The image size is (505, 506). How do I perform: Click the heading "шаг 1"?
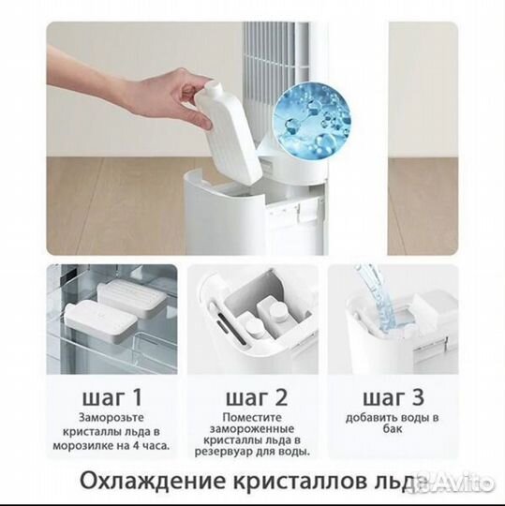tap(111, 397)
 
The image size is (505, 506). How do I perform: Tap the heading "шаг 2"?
tap(256, 397)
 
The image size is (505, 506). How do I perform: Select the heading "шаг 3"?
tap(394, 397)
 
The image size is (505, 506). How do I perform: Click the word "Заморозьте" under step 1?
tap(111, 418)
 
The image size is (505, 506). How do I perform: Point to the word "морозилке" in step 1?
tap(81, 446)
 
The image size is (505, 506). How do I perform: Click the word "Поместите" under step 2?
tap(252, 418)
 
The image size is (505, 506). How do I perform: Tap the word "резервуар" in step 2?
tap(221, 452)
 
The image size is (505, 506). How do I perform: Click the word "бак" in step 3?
tap(393, 429)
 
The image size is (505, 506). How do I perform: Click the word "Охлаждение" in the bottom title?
tap(153, 482)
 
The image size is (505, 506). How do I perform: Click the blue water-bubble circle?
tap(312, 121)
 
